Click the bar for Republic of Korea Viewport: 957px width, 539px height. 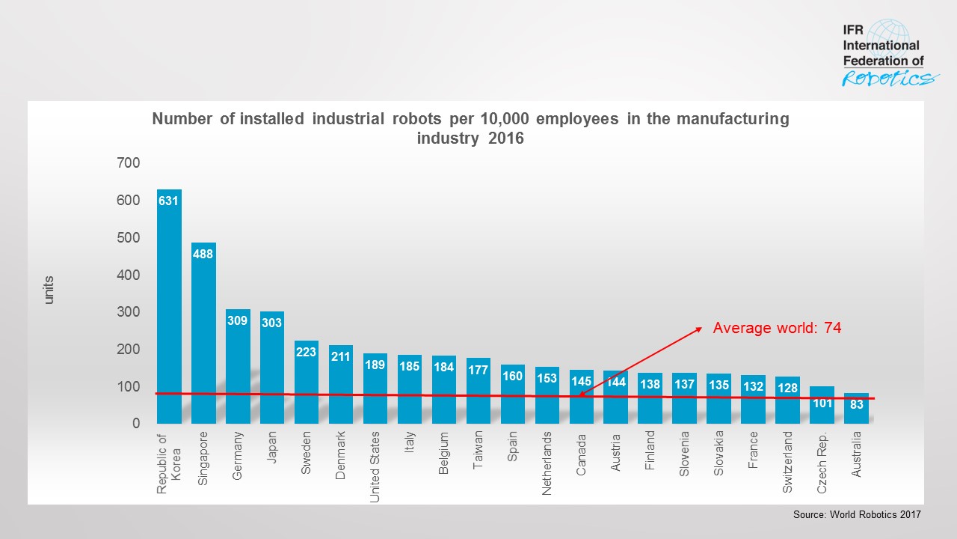[x=169, y=307]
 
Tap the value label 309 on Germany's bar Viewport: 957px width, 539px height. [x=238, y=320]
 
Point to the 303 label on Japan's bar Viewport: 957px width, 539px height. [x=272, y=323]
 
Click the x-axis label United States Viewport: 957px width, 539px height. [x=375, y=466]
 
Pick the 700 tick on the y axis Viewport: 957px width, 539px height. [x=127, y=162]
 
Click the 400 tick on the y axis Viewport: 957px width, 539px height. [x=127, y=275]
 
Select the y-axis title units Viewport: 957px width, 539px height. [x=49, y=290]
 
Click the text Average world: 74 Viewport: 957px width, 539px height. [x=777, y=328]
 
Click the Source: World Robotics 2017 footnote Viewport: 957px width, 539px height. [x=857, y=515]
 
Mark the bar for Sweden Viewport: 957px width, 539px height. [x=307, y=382]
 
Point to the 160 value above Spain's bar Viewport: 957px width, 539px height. [x=512, y=377]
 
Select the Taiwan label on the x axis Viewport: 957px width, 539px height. [x=478, y=449]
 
